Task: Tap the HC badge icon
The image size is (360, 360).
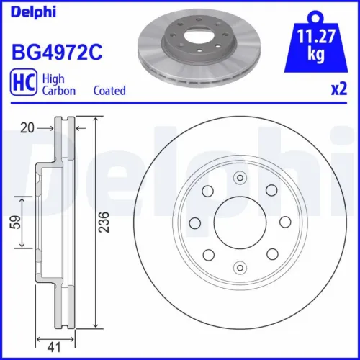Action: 22,84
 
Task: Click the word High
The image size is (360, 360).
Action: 53,78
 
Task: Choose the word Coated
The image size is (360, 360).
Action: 109,91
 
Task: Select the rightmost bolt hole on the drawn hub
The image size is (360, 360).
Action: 284,221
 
